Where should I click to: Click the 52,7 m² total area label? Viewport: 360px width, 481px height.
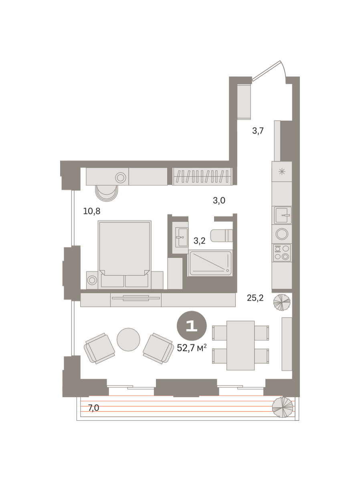coord(192,348)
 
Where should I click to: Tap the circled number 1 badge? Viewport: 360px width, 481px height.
coord(192,326)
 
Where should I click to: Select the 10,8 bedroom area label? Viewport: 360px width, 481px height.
coord(91,211)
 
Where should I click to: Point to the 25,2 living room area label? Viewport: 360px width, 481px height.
coord(255,298)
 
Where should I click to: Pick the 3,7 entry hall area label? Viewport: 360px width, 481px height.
coord(258,131)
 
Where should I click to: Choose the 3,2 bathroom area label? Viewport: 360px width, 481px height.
coord(199,241)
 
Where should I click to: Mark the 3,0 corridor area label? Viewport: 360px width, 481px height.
coord(219,200)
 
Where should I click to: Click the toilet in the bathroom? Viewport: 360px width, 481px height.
coord(221,235)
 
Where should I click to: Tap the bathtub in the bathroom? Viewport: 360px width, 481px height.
coord(210,263)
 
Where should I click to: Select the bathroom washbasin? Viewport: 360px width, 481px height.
coord(182,237)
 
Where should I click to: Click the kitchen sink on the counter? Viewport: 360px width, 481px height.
coord(283,215)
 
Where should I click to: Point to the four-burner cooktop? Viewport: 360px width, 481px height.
coord(282,253)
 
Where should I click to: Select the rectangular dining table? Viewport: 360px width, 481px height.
coord(241,346)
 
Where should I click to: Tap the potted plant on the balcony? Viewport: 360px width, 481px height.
coord(283,407)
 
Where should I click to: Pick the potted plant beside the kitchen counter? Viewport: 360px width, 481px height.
coord(282,302)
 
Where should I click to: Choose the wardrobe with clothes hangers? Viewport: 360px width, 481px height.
coord(202,176)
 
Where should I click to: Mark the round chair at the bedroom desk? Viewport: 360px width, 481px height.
coord(107,193)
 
